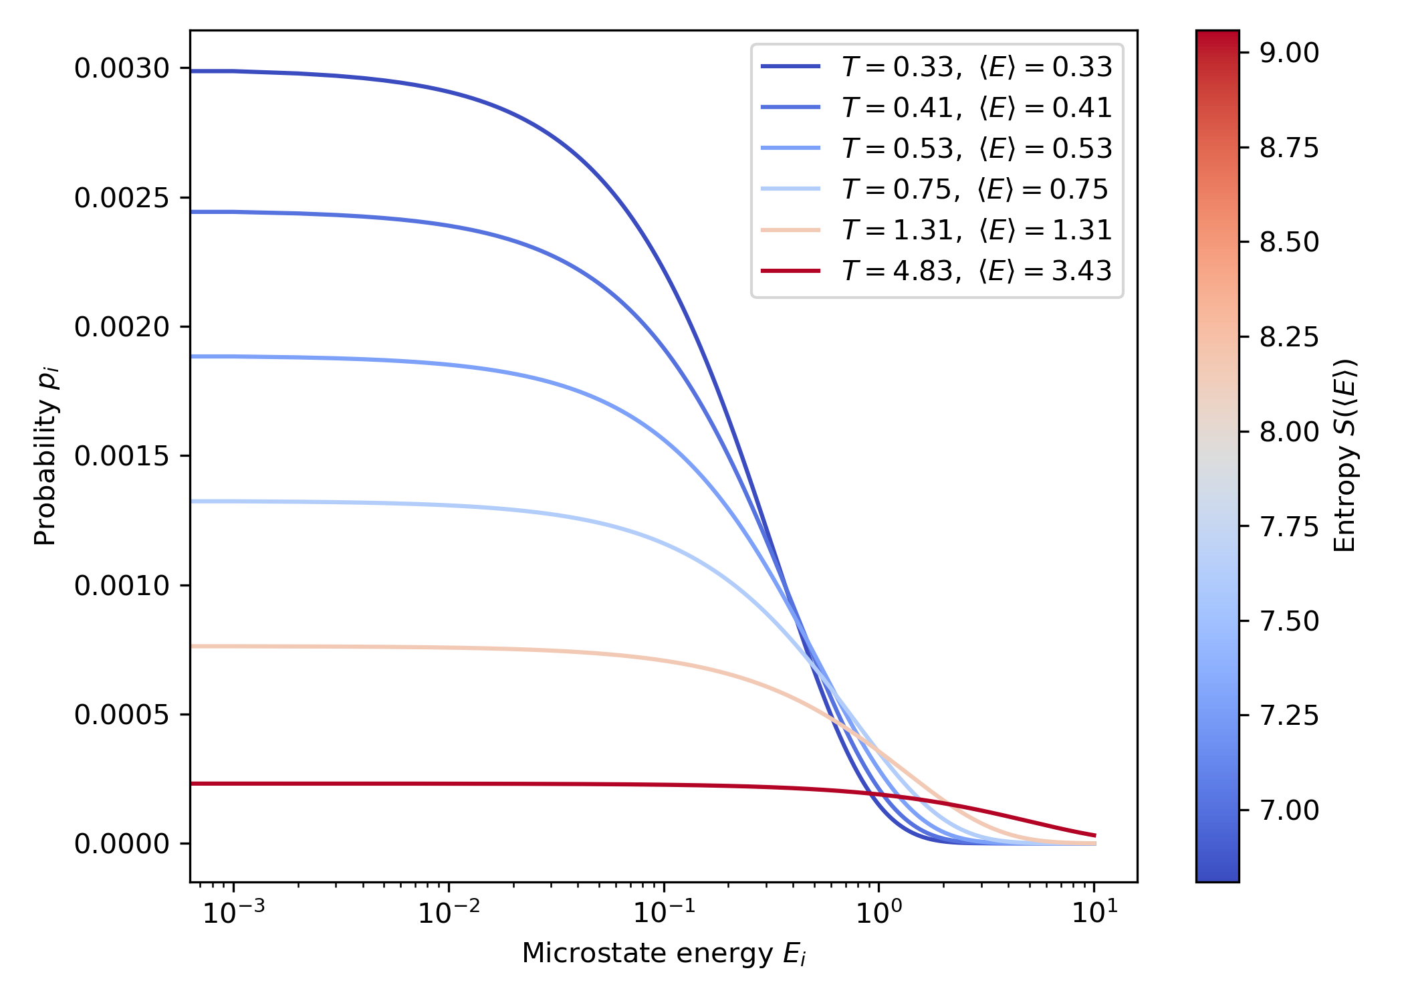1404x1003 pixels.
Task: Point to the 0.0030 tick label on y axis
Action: tap(122, 68)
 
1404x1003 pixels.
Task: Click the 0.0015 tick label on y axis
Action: tap(122, 456)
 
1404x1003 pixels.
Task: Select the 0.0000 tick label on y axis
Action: tap(122, 844)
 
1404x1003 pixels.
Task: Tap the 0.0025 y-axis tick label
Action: tap(122, 198)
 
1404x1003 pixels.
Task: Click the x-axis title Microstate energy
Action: tap(664, 954)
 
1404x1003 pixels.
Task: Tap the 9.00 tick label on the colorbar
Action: tap(1289, 53)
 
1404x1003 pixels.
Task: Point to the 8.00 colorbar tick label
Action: tap(1289, 432)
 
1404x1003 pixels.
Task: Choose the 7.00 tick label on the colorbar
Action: tap(1289, 810)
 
